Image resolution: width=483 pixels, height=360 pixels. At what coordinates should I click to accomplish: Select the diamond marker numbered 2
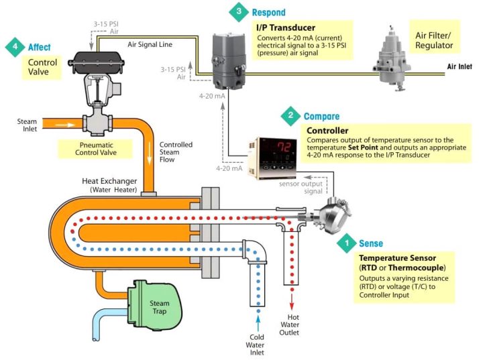coord(290,116)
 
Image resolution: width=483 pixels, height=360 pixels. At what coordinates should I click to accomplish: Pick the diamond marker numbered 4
coord(15,48)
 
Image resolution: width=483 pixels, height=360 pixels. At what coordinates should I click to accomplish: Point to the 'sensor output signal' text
coord(304,187)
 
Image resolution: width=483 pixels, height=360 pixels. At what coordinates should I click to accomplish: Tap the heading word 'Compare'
coord(321,116)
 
